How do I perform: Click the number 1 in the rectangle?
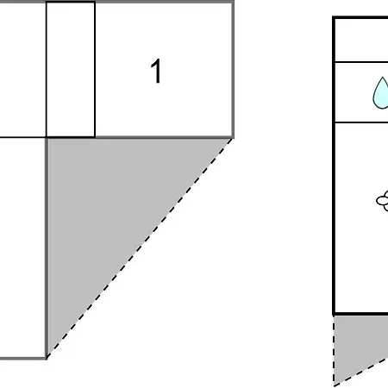pos(156,71)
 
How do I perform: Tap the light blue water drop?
pos(381,93)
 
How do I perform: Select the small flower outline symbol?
pos(383,201)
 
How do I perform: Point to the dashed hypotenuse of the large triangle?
pos(140,248)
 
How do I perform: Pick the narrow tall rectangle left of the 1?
pos(71,69)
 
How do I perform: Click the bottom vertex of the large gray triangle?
pos(47,358)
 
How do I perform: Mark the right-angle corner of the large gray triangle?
pos(47,139)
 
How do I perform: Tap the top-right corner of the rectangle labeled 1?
pos(233,2)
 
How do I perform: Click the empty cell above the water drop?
pos(361,40)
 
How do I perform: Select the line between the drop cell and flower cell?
pos(361,122)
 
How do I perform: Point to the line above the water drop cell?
pos(361,61)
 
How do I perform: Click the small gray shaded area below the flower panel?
pos(356,342)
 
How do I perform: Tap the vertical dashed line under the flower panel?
pos(334,351)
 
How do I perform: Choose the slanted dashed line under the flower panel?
pos(361,373)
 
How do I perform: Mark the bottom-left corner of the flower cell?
pos(334,314)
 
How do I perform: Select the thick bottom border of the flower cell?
pos(361,314)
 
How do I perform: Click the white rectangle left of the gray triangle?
pos(22,248)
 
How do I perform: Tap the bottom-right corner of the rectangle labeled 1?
pos(233,138)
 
